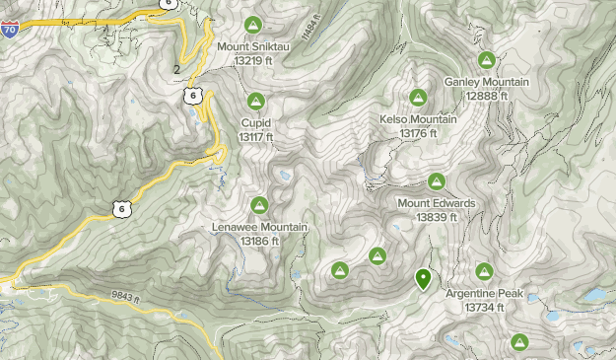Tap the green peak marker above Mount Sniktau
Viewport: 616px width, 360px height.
tap(253, 25)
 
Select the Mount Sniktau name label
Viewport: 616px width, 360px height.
tap(252, 46)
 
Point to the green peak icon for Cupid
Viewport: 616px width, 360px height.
tap(255, 101)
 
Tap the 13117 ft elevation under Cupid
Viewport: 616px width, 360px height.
tap(255, 136)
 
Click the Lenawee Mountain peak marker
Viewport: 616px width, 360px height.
tap(259, 205)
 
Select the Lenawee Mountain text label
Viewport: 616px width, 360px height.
tap(260, 227)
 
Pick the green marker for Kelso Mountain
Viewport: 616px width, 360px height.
tap(418, 98)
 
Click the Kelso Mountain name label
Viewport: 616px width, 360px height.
tap(418, 119)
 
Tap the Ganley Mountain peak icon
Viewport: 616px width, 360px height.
tap(486, 60)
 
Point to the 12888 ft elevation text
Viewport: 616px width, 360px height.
tap(487, 96)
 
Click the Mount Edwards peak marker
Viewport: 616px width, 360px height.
tap(436, 181)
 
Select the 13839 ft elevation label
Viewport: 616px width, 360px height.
tap(436, 217)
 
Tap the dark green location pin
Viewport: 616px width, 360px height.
tap(423, 279)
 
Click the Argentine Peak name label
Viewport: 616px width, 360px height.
tap(484, 294)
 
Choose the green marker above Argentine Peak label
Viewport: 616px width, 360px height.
tap(484, 271)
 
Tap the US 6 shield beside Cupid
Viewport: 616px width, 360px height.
tap(193, 96)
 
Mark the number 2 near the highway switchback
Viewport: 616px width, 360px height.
tap(176, 69)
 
